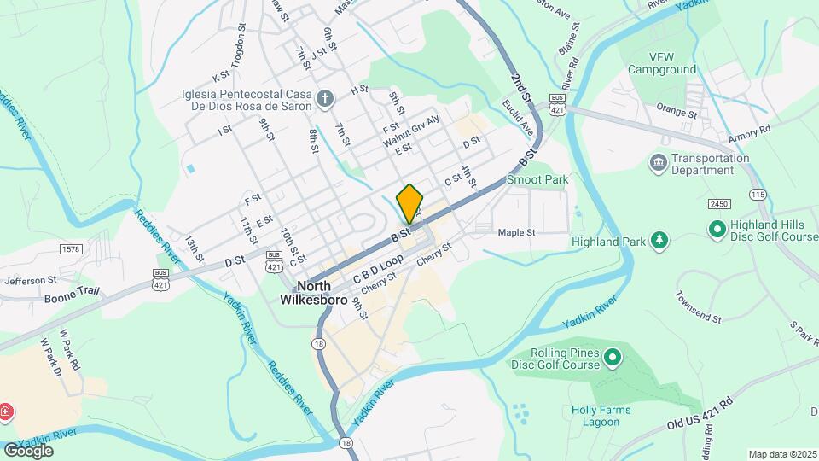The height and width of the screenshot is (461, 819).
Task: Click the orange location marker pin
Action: coord(409,203)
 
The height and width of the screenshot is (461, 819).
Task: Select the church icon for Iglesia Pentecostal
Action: coord(324,100)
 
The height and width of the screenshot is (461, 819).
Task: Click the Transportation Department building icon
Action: coord(658,162)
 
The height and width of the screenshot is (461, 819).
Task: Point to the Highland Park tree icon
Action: coord(659,242)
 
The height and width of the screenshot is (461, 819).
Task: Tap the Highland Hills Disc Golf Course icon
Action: coord(717,229)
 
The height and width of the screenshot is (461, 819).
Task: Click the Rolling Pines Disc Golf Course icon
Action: coord(611,357)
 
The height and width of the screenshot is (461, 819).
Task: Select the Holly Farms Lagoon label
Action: coord(601,416)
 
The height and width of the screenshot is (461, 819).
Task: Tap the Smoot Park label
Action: coord(537,180)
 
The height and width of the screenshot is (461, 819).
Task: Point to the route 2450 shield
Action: coord(720,203)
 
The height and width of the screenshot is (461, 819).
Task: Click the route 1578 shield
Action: coord(73,248)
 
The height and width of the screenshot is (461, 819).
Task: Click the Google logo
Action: coord(28,450)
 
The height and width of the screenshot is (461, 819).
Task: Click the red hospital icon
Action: coord(7,412)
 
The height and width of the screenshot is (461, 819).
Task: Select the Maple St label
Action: coord(516,232)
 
